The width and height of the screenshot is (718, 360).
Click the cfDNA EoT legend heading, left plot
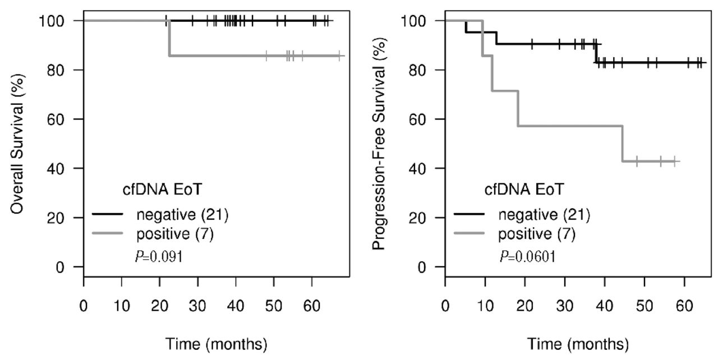(x=154, y=190)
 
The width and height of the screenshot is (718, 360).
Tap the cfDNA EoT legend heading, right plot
(x=516, y=190)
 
